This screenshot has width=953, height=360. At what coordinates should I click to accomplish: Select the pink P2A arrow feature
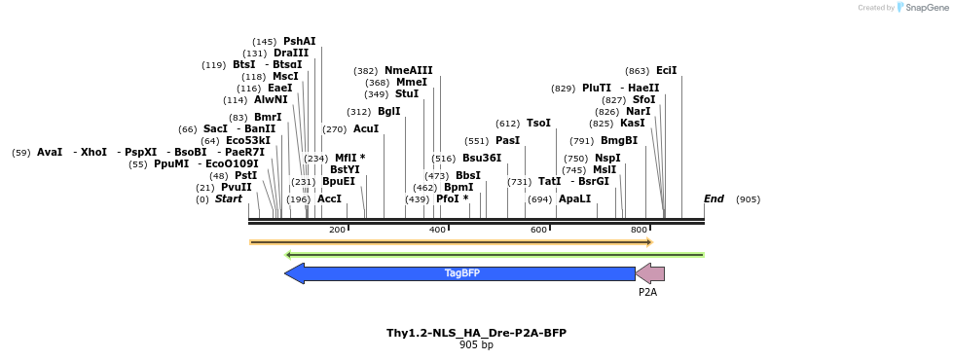coord(650,273)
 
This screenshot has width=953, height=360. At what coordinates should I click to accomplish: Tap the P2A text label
coord(648,291)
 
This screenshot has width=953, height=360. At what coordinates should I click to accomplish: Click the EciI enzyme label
coord(666,71)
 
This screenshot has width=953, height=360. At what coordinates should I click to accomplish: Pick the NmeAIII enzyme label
coord(408,71)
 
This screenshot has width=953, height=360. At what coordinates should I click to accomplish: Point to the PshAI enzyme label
coord(300,42)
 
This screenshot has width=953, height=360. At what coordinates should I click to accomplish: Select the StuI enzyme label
coord(407,94)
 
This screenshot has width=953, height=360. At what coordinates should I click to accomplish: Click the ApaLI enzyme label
coord(574,199)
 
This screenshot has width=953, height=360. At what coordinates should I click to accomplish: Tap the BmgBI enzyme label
coord(619,140)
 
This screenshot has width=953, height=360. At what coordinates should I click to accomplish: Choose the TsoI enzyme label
coord(538,124)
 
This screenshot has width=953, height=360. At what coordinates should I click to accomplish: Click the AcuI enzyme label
coord(366,129)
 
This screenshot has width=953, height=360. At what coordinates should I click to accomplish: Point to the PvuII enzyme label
coord(236,188)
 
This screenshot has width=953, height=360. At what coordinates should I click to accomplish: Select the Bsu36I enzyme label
coord(482,159)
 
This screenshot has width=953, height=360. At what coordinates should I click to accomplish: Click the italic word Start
coord(228,199)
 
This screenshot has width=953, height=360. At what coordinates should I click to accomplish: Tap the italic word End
coord(714,199)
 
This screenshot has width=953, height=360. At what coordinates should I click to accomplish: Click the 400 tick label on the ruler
coord(437,230)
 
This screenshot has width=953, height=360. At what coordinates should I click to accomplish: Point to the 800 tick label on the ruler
coord(639,230)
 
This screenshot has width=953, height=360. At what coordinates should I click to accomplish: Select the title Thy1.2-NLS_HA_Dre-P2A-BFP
coord(476,333)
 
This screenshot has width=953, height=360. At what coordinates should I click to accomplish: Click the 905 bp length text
coord(476,344)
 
